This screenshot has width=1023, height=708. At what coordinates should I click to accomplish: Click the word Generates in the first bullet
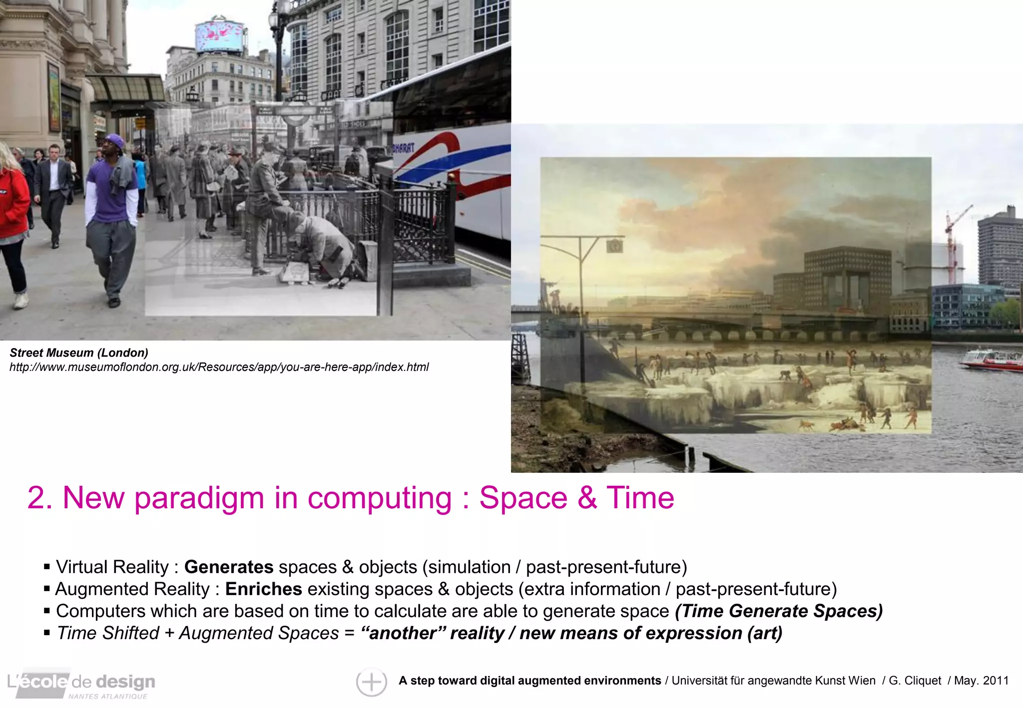pyautogui.click(x=228, y=567)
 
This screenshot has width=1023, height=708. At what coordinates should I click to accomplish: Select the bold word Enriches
pyautogui.click(x=263, y=589)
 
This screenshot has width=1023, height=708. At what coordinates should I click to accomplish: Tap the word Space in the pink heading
pyautogui.click(x=523, y=498)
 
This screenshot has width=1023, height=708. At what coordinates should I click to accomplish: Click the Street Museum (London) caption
pyautogui.click(x=79, y=353)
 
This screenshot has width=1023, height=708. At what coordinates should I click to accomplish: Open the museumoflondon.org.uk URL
pyautogui.click(x=219, y=367)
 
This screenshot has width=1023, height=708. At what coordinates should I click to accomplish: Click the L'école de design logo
pyautogui.click(x=81, y=683)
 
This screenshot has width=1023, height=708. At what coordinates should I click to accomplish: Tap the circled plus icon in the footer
pyautogui.click(x=371, y=682)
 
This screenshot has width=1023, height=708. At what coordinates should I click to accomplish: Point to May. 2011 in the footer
pyautogui.click(x=981, y=681)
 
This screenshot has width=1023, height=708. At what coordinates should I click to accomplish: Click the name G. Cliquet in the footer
pyautogui.click(x=915, y=681)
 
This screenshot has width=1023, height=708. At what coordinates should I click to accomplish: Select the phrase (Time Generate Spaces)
pyautogui.click(x=778, y=611)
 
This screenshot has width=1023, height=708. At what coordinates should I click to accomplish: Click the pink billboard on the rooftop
pyautogui.click(x=220, y=35)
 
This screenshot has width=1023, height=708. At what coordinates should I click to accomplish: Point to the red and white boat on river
pyautogui.click(x=991, y=359)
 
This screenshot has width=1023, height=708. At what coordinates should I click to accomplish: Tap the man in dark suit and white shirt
pyautogui.click(x=53, y=190)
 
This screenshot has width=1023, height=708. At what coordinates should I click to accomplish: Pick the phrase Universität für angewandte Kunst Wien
pyautogui.click(x=773, y=681)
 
